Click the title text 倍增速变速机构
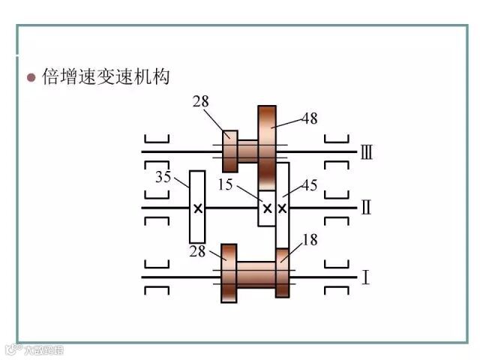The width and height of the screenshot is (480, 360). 107,77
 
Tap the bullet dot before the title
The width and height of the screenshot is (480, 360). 31,78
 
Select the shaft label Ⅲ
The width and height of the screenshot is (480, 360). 367,153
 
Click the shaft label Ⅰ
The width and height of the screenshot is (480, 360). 365,277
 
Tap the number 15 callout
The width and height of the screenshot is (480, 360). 225,184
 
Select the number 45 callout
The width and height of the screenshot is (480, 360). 308,184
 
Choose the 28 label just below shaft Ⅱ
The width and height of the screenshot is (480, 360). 197,251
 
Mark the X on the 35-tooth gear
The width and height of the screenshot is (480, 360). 197,208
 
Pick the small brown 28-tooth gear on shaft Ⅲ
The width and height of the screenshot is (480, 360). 231,151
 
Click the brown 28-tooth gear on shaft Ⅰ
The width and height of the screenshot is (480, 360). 229,273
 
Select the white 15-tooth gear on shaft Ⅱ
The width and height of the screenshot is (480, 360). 265,208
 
